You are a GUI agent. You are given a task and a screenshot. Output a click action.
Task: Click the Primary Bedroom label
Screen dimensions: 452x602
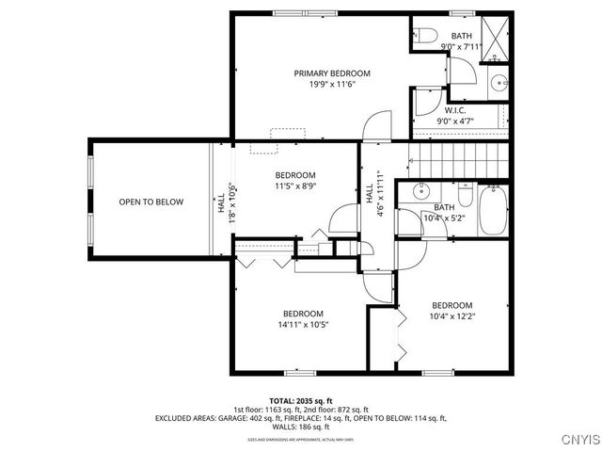pos(331,73)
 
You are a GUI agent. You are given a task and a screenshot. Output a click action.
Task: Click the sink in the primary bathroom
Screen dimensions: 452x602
pos(499,82)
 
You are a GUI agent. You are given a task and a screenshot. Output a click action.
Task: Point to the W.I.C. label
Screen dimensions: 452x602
pos(454,109)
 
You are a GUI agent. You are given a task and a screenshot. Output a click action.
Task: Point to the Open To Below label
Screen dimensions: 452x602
pos(150,202)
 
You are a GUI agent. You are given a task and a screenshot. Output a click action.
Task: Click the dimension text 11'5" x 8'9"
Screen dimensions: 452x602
pos(295,186)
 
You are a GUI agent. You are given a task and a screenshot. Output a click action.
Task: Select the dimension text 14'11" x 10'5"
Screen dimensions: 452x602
pos(303,325)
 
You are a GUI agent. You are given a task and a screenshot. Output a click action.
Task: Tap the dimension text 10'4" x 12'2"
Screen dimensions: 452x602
pos(451,316)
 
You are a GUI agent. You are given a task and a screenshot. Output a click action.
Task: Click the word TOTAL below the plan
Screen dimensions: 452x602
pos(283,400)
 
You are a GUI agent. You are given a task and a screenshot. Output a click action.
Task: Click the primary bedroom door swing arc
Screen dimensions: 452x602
pos(377,122)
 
